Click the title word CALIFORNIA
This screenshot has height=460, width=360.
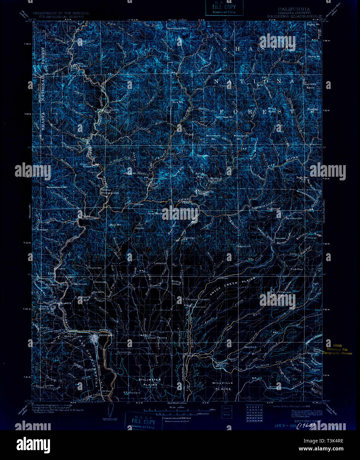[294, 9]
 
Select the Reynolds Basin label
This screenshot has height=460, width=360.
[310, 86]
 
